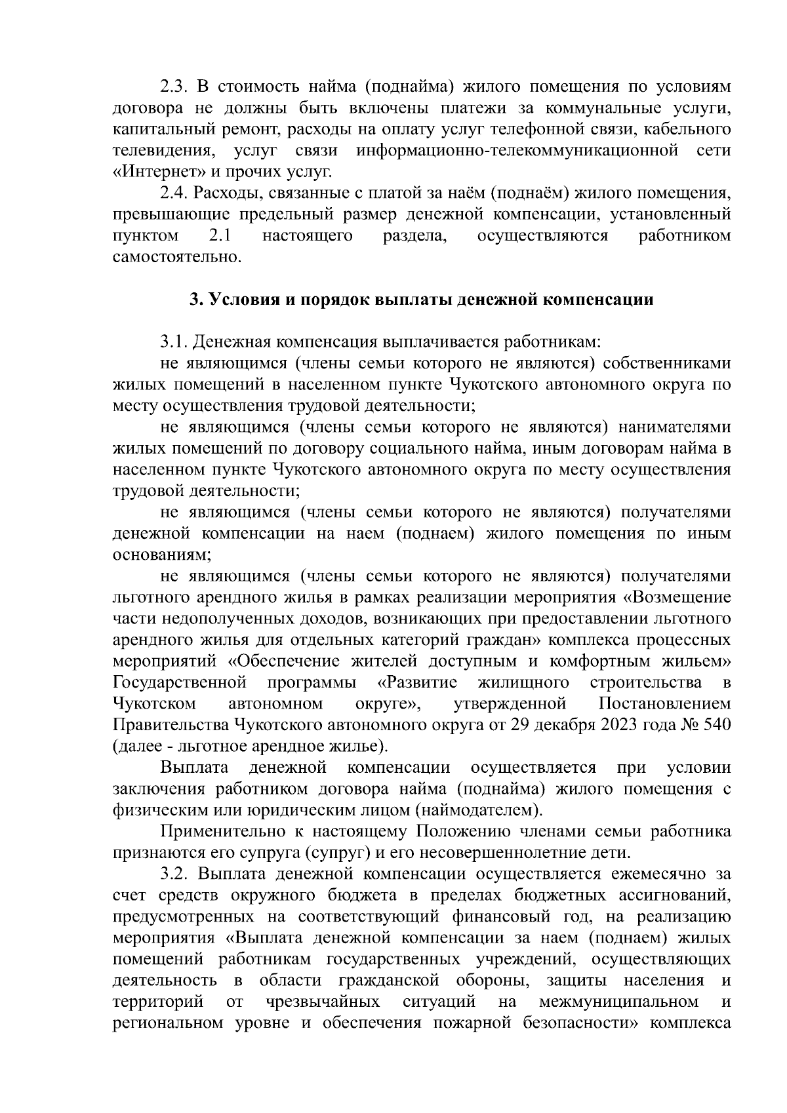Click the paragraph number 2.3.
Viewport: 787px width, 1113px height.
174,88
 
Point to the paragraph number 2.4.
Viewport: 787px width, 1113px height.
174,194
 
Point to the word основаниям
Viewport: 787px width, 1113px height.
161,555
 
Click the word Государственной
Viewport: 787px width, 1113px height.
180,682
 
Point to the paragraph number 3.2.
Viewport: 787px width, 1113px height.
174,874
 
